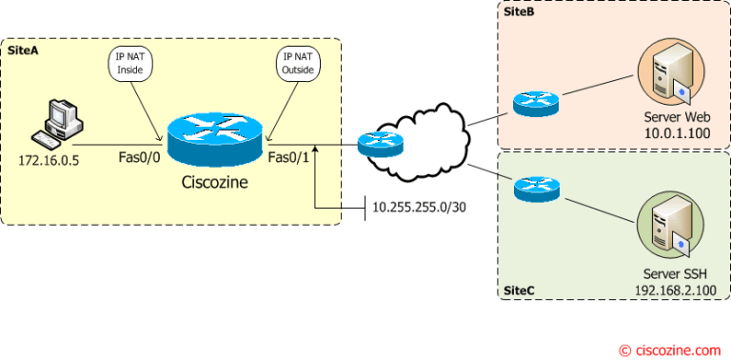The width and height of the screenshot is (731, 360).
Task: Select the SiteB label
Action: (517, 10)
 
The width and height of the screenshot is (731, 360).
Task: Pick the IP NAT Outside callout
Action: (294, 65)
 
